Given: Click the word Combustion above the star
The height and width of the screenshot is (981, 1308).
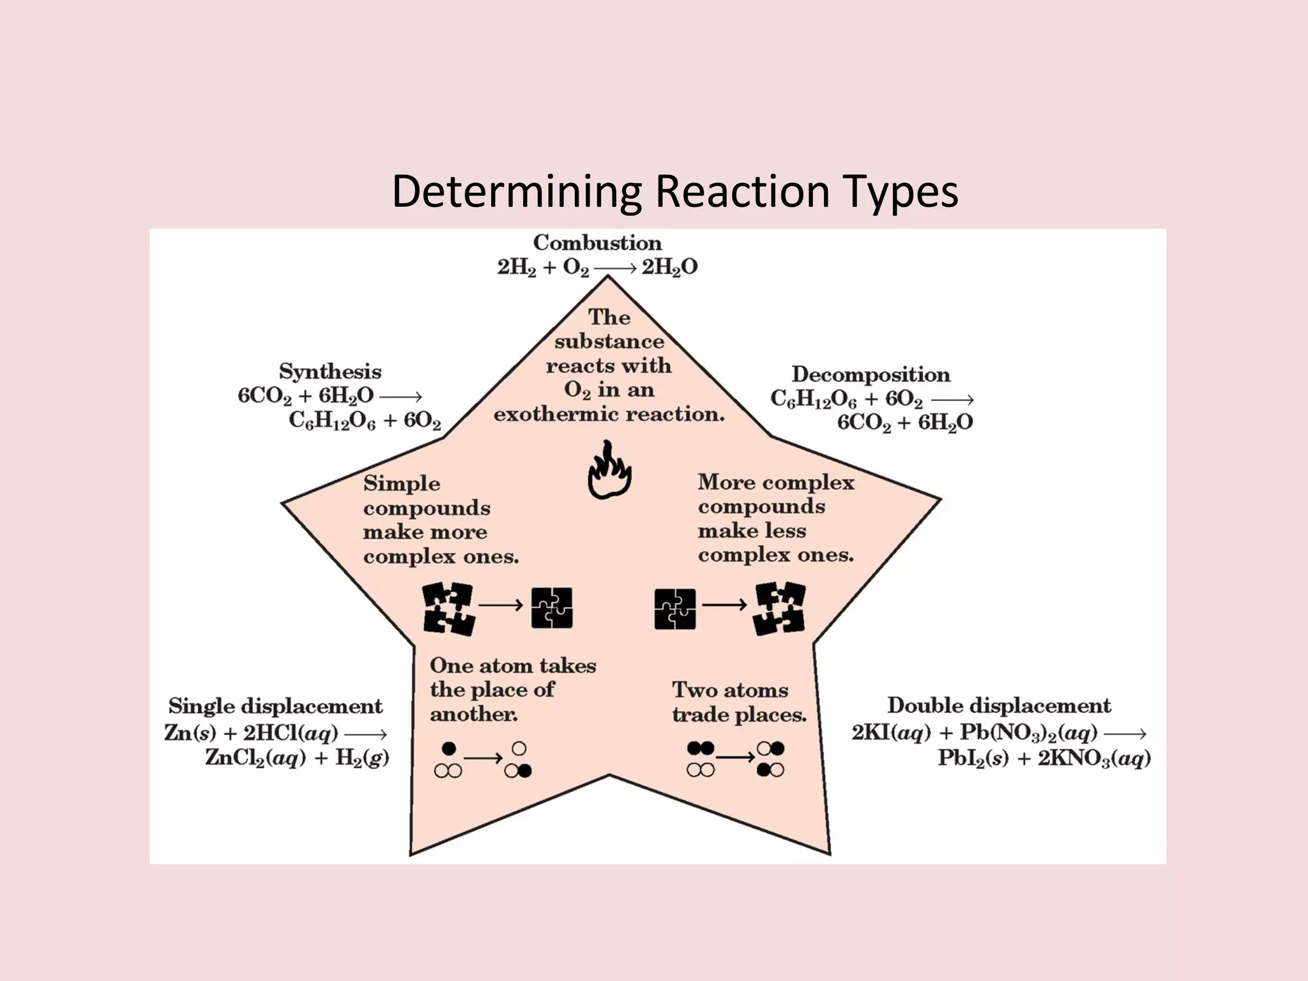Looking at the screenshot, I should point(597,243).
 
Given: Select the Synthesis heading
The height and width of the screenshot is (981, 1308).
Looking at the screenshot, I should point(330,372).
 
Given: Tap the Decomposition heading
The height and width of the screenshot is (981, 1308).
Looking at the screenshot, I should point(871,374).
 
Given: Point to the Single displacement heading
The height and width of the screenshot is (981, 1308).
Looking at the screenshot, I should point(275,706).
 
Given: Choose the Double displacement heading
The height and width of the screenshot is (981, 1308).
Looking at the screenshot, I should point(999,706).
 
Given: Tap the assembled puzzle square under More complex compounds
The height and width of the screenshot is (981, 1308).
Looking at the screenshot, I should point(675,609).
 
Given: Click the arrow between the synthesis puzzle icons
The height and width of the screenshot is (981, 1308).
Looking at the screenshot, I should point(501,605).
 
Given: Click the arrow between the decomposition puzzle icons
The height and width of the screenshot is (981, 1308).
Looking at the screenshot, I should point(725,604).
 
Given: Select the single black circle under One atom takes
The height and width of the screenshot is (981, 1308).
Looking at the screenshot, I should point(449,748).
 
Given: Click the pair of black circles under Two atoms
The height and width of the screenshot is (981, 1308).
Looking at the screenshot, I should point(700,748).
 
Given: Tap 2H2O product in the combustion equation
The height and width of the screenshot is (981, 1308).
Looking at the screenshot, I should point(669,268).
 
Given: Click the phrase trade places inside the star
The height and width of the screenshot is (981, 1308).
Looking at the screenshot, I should point(739,715).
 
